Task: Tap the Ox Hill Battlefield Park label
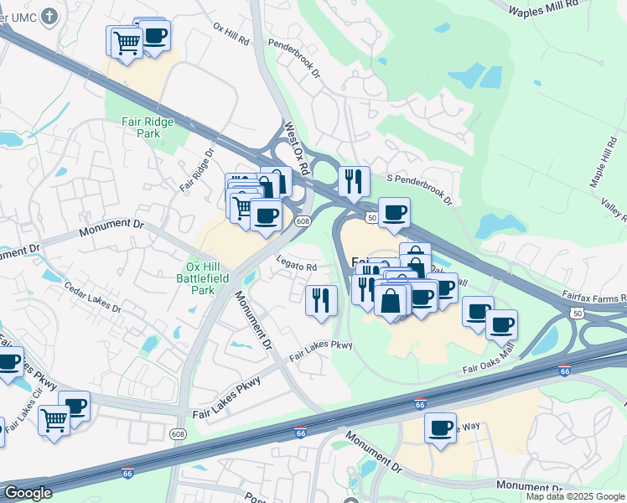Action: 201,278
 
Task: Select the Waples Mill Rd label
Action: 545,8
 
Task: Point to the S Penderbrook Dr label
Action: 418,189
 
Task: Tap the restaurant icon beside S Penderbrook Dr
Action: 354,180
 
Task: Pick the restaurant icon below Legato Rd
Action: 321,300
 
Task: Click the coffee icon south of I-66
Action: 440,428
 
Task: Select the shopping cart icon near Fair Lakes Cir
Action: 54,418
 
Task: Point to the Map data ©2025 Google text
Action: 575,496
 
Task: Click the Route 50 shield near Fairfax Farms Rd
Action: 577,312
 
